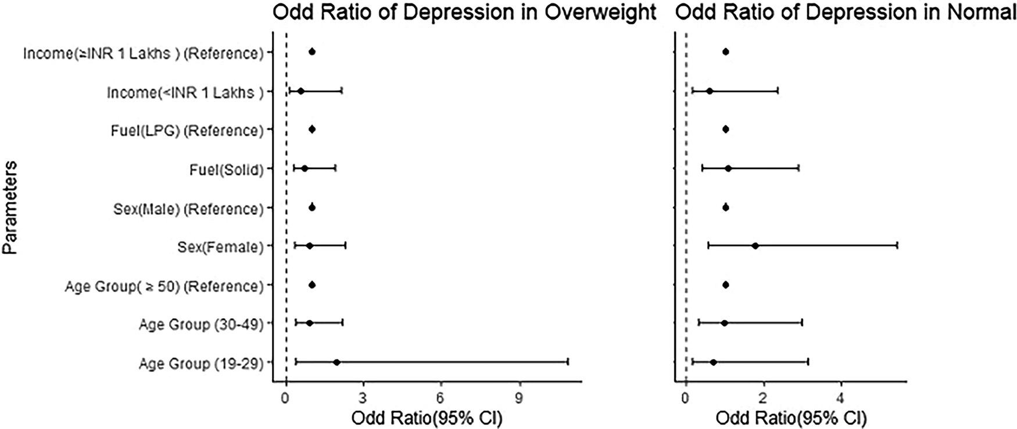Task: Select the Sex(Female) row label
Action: pos(220,247)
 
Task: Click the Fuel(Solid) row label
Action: pos(226,170)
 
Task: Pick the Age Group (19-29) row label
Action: pos(201,364)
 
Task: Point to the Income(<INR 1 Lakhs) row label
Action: pos(185,92)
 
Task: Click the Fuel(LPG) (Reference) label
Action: pos(187,131)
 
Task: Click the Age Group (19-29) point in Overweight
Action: pos(336,362)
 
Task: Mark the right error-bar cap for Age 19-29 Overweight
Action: pos(567,362)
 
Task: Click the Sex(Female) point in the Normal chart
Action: pos(755,246)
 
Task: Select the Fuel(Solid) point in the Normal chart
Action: pos(728,168)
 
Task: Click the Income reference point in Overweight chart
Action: pos(312,52)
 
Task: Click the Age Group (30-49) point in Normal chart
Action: pos(724,323)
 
